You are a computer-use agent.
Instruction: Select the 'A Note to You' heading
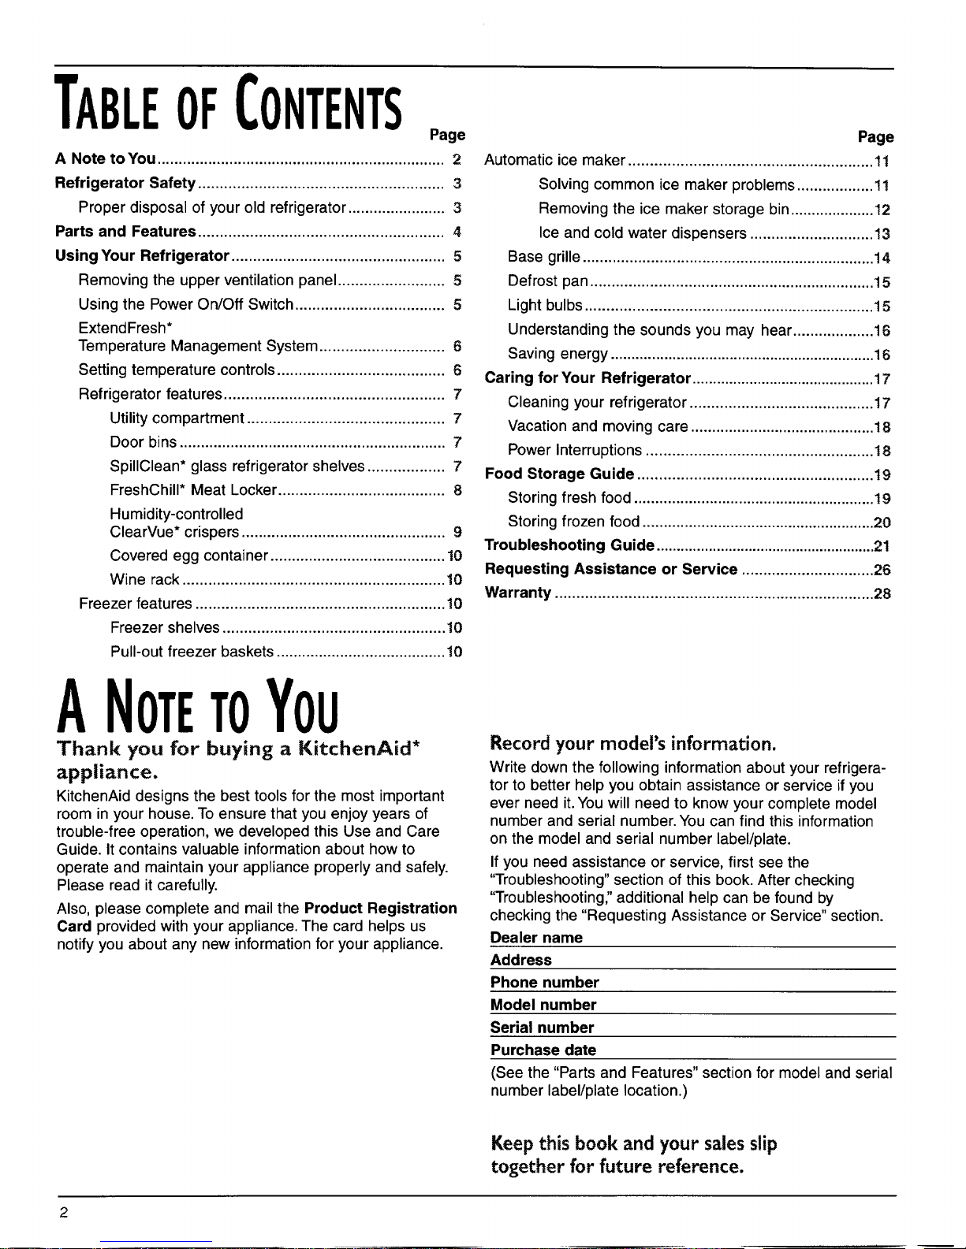click(198, 704)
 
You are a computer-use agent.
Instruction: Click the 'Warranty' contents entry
click(518, 593)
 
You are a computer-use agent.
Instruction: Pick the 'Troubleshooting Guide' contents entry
click(569, 545)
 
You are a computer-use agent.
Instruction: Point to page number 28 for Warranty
click(882, 593)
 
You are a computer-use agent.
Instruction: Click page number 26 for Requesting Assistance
click(882, 570)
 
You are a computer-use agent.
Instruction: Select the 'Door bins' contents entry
click(143, 442)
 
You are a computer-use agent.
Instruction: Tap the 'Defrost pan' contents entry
click(548, 281)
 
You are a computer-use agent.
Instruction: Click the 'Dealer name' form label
click(536, 938)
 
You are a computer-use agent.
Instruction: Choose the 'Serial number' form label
click(542, 1028)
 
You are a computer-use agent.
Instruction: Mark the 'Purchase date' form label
click(543, 1050)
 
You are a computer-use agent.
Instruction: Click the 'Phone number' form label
click(545, 983)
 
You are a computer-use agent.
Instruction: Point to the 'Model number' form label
click(543, 1005)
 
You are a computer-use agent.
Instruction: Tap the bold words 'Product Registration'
click(381, 908)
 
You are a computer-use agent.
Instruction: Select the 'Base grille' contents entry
click(544, 257)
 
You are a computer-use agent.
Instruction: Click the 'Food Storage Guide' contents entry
click(559, 474)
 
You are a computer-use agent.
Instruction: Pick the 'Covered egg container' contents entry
click(189, 556)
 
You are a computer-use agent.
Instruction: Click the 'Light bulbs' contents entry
click(545, 305)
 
